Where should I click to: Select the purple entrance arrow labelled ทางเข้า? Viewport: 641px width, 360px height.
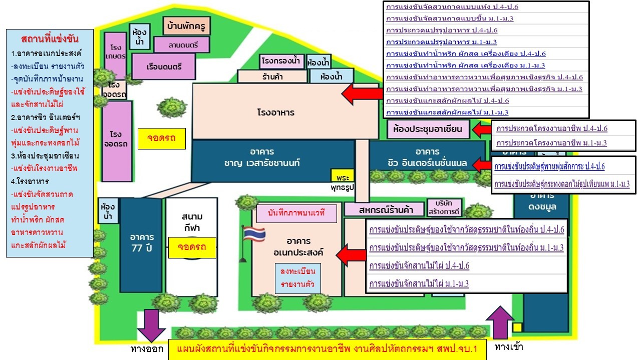pos(499,322)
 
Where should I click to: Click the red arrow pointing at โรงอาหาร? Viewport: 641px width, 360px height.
pos(362,93)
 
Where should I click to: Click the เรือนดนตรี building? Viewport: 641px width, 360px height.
pos(164,66)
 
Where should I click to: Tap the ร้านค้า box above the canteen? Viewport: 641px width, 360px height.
pos(272,77)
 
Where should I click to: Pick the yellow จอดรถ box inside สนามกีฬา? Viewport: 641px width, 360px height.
pos(192,247)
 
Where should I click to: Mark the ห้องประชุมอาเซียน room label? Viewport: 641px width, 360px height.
pos(428,129)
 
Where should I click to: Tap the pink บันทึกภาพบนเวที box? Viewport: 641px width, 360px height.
pos(296,213)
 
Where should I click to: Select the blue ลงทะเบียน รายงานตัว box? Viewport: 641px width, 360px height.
pos(297,278)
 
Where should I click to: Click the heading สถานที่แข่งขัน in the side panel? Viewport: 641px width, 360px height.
pos(50,39)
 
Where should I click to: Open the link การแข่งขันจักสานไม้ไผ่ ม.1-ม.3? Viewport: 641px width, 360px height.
pos(419,284)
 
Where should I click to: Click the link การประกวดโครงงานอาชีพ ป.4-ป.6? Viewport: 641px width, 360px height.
pos(551,128)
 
